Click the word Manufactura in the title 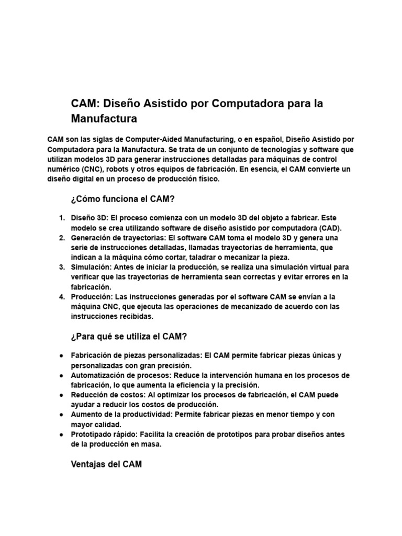[104, 119]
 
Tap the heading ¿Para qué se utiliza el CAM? [129, 336]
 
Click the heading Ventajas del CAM [106, 464]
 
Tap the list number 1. [61, 218]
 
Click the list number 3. [61, 267]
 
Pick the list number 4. [61, 297]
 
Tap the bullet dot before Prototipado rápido [62, 434]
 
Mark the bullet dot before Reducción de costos [62, 395]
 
